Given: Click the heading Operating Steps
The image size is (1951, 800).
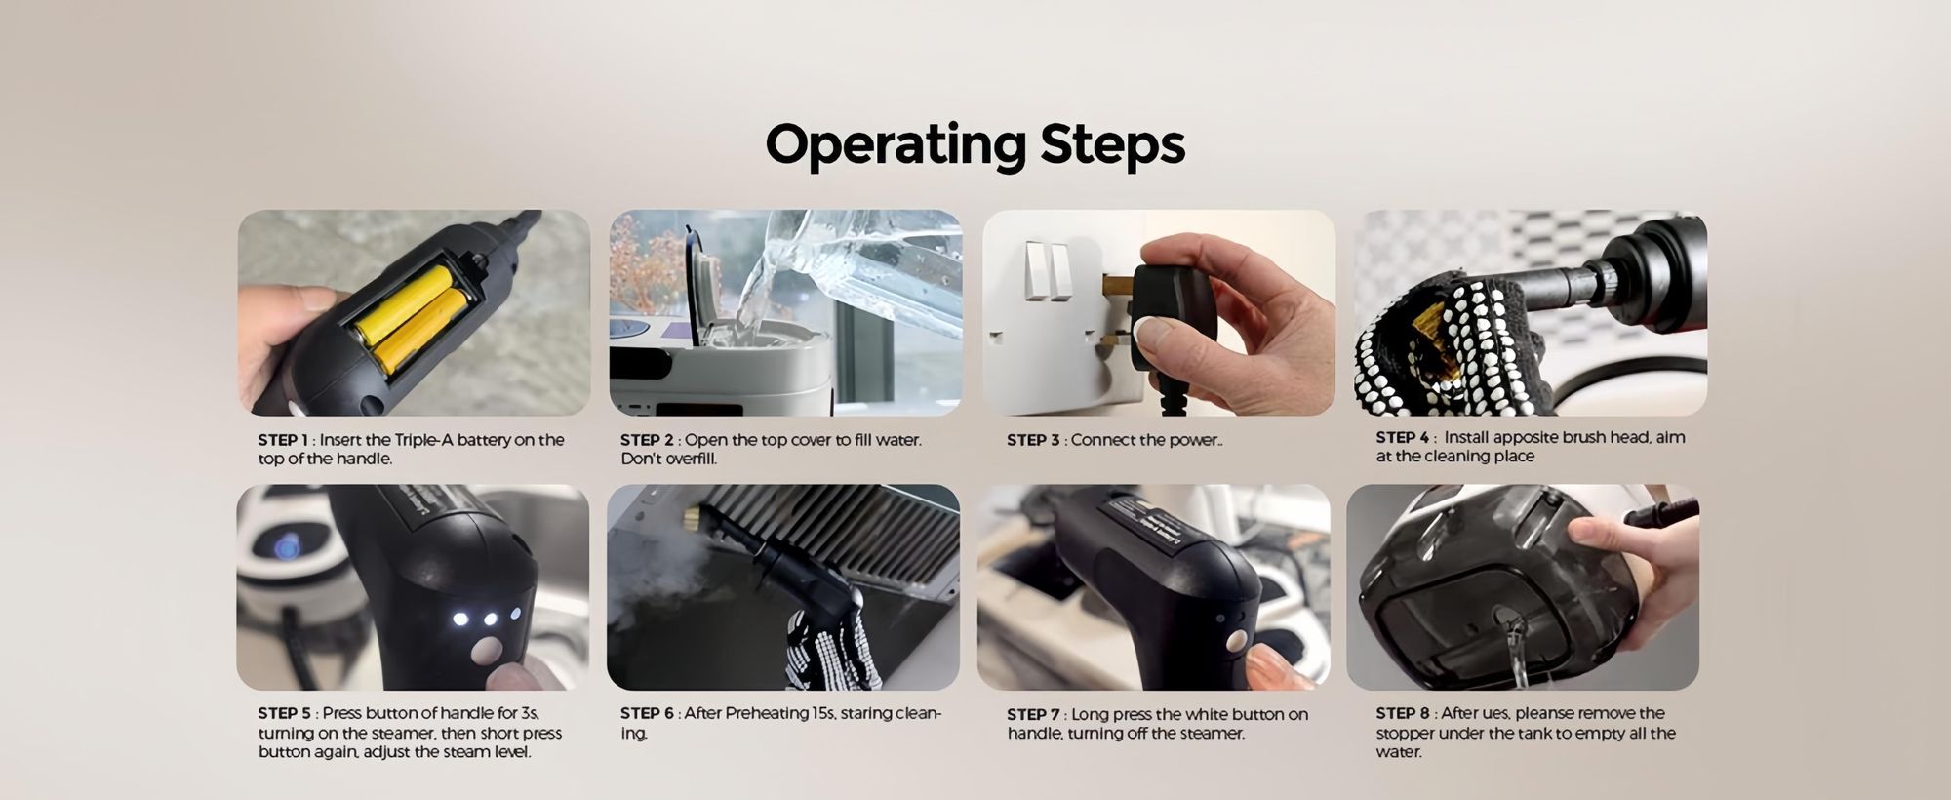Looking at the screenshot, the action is click(x=975, y=144).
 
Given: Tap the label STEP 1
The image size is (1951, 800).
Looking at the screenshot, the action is click(x=283, y=440).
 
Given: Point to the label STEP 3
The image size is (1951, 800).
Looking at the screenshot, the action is click(x=1033, y=440).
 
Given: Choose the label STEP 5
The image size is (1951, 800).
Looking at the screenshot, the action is click(x=284, y=713).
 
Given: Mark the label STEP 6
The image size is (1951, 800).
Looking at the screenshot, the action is click(x=647, y=713).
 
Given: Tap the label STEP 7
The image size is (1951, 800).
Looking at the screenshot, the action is click(x=1033, y=714).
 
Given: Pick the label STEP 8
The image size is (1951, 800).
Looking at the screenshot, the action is click(x=1403, y=713).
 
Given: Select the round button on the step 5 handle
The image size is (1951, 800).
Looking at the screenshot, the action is click(x=485, y=651).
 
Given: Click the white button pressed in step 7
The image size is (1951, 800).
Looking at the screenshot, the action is click(x=1236, y=642).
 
